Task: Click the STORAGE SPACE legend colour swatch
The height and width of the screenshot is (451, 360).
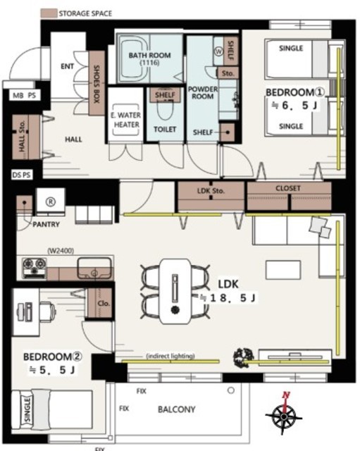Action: (x=49, y=13)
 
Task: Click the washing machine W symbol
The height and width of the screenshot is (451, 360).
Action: (x=219, y=51)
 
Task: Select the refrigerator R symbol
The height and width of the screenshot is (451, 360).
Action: (x=51, y=202)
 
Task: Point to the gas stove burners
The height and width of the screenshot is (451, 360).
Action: (x=35, y=268)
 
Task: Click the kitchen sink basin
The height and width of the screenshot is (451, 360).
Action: (x=94, y=268)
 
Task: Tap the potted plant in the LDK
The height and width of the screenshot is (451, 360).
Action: (x=244, y=357)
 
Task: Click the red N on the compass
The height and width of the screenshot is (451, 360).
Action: (x=286, y=395)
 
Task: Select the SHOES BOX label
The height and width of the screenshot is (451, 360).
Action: (x=97, y=84)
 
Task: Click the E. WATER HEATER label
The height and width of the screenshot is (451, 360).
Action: (x=126, y=120)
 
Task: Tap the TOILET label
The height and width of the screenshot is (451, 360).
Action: (x=165, y=130)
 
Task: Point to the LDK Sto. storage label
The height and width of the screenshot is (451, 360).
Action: (x=211, y=191)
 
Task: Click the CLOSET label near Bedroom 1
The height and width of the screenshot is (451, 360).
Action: (x=288, y=188)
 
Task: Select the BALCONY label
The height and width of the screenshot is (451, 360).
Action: (x=177, y=409)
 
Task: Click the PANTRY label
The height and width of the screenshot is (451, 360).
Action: (x=46, y=224)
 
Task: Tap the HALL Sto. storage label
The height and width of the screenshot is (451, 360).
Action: (x=22, y=136)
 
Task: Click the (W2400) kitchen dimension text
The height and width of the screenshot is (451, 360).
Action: (x=61, y=251)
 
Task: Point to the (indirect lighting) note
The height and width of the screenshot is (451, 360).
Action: (x=170, y=356)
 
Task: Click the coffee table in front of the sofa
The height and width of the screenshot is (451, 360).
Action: (x=283, y=270)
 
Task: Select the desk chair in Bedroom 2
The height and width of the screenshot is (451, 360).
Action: (x=47, y=311)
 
